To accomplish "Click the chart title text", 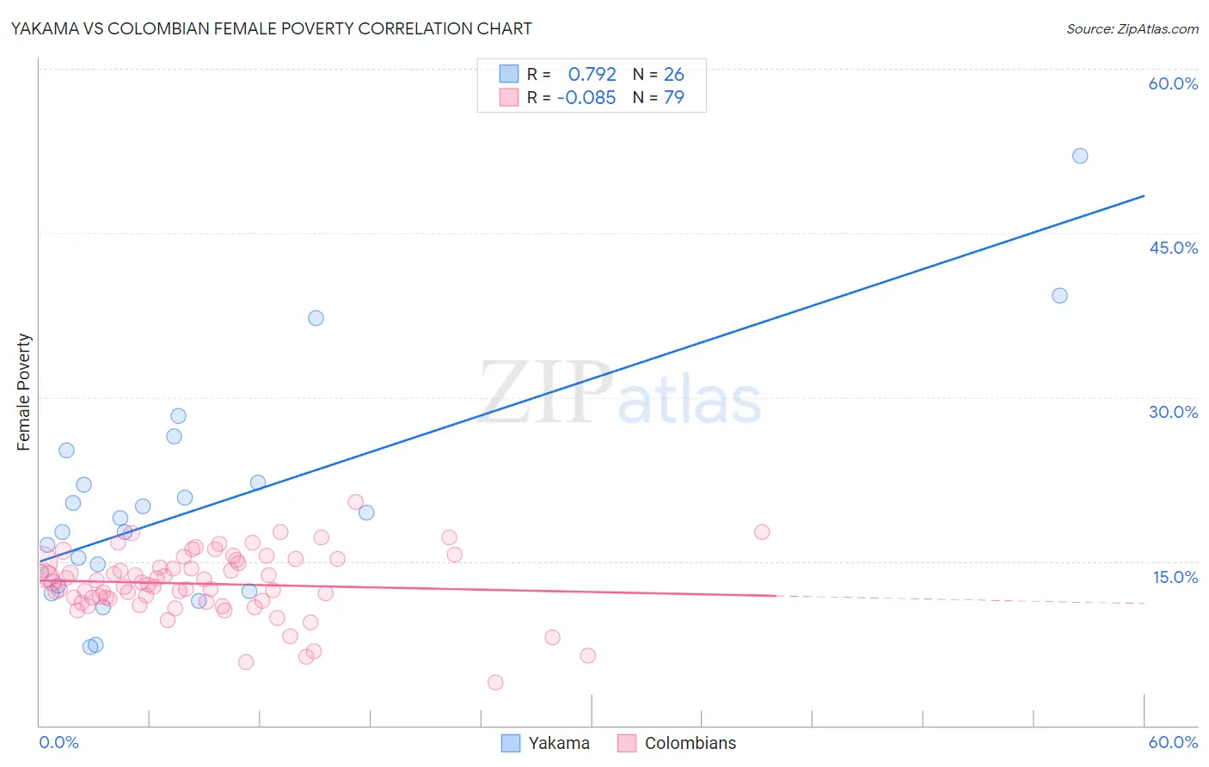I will click(x=272, y=28).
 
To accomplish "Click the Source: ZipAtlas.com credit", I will click(x=1132, y=29).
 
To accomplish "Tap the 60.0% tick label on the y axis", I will click(x=1173, y=83).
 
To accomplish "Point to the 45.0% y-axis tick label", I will click(x=1173, y=248).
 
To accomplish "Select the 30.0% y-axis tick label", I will click(x=1173, y=412).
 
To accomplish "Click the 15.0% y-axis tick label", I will click(x=1175, y=577).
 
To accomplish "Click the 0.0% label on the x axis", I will click(x=58, y=742).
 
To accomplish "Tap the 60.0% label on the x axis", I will click(x=1173, y=742).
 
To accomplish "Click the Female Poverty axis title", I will click(x=24, y=392).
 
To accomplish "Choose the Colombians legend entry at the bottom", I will click(x=677, y=743).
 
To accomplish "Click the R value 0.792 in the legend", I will click(x=592, y=74).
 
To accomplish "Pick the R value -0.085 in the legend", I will click(x=586, y=98).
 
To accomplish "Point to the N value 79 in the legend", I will click(x=674, y=98).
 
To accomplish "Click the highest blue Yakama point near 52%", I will click(x=1080, y=156).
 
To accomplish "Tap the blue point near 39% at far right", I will click(x=1059, y=296).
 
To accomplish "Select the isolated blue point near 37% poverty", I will click(x=316, y=318).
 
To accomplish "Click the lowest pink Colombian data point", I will click(x=495, y=683).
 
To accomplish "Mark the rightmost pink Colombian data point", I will click(x=762, y=532).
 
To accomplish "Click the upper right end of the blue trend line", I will click(x=1144, y=196).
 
